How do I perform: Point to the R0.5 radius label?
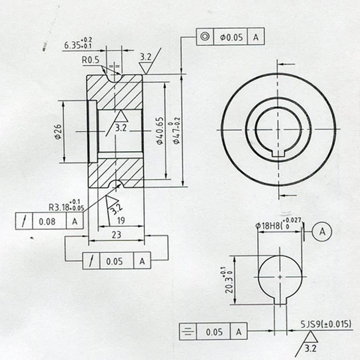91,60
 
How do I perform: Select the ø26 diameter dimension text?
58,132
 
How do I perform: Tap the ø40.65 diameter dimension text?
159,131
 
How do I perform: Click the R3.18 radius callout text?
65,206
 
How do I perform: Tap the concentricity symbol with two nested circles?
205,37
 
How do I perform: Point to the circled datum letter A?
322,231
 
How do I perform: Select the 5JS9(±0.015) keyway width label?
326,324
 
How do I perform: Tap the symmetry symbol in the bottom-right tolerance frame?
188,332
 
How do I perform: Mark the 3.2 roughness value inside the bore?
121,128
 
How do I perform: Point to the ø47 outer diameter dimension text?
176,131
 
